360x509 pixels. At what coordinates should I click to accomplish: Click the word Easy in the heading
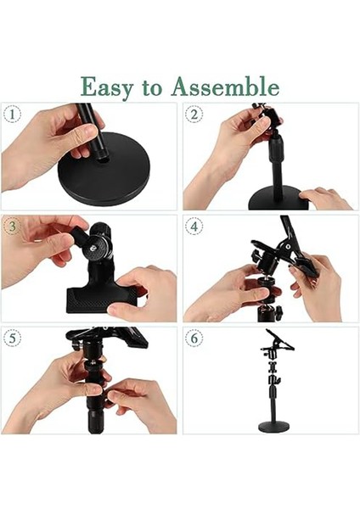107,87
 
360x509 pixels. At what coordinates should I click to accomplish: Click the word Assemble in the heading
225,86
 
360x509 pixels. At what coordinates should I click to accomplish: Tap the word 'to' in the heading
152,87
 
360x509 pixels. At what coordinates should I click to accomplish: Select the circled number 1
13,115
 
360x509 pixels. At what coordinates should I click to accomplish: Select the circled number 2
194,115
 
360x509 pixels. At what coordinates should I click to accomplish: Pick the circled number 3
13,226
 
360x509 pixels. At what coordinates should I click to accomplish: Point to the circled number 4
194,226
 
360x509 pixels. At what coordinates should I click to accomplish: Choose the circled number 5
13,338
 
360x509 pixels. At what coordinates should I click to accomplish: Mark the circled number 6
194,338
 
